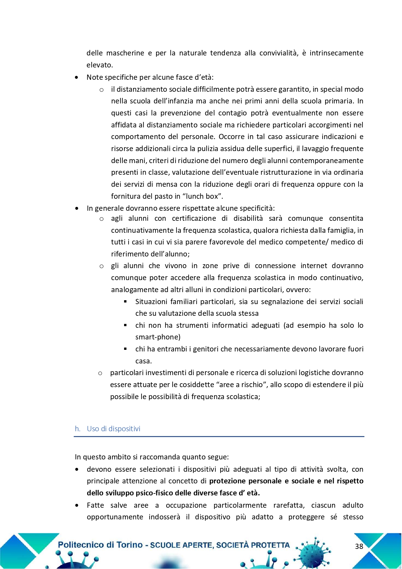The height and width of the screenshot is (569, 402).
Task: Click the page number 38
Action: tap(359, 546)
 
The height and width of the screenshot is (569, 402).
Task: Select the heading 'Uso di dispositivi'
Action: tap(113, 429)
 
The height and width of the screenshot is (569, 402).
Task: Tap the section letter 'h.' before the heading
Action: tap(77, 429)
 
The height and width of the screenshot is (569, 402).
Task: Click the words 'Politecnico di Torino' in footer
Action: tap(100, 545)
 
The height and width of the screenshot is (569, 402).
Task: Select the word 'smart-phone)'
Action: tap(158, 337)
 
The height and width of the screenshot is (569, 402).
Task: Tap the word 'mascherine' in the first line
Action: tap(125, 53)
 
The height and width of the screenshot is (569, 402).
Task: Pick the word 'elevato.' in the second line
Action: tap(100, 65)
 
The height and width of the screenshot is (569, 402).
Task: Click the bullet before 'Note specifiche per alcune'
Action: tap(76, 77)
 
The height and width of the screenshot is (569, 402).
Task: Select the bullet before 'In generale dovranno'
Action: tap(76, 208)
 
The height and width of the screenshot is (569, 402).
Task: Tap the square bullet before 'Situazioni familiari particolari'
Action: tap(125, 302)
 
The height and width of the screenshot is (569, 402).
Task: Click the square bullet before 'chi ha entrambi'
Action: tap(125, 349)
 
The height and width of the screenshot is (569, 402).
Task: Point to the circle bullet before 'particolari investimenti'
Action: tap(100, 373)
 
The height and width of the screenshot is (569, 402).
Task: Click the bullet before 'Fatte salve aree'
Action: tap(76, 505)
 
